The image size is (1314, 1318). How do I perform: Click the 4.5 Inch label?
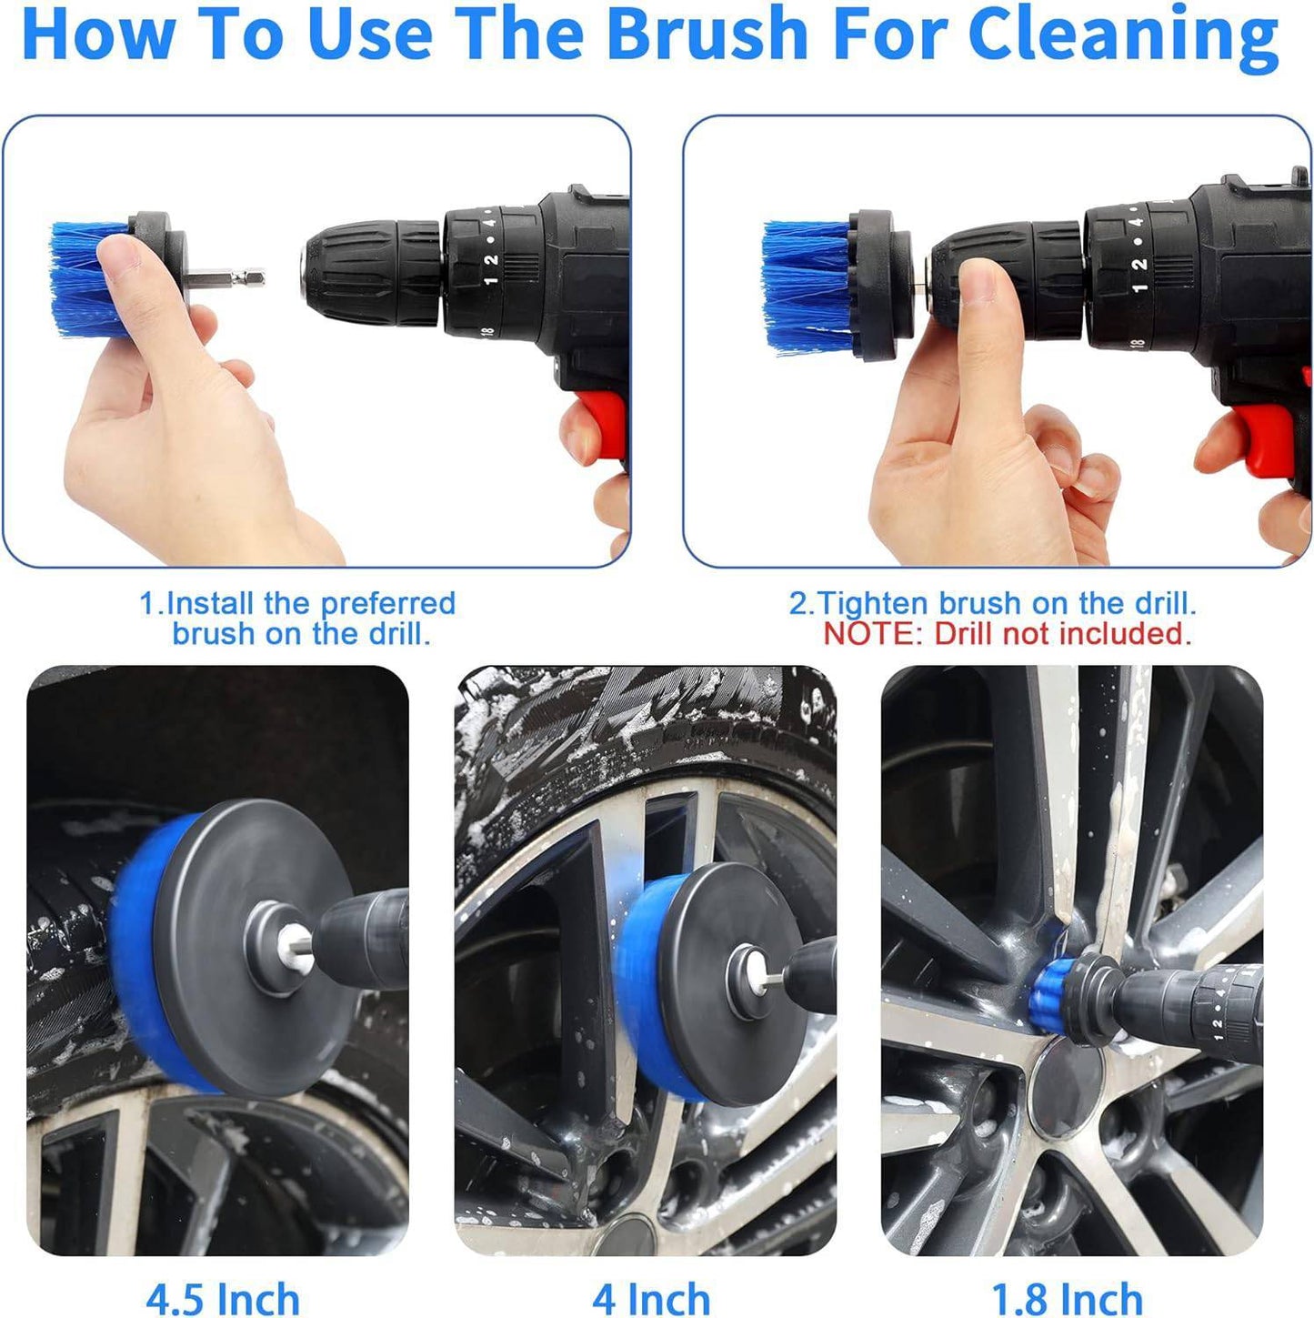click(223, 1299)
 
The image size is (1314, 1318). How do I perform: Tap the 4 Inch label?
click(650, 1299)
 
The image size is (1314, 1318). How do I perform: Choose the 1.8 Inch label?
click(1066, 1299)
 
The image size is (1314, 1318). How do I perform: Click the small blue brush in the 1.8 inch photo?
click(1057, 987)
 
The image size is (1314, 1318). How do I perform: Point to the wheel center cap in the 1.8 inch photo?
click(1066, 1089)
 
